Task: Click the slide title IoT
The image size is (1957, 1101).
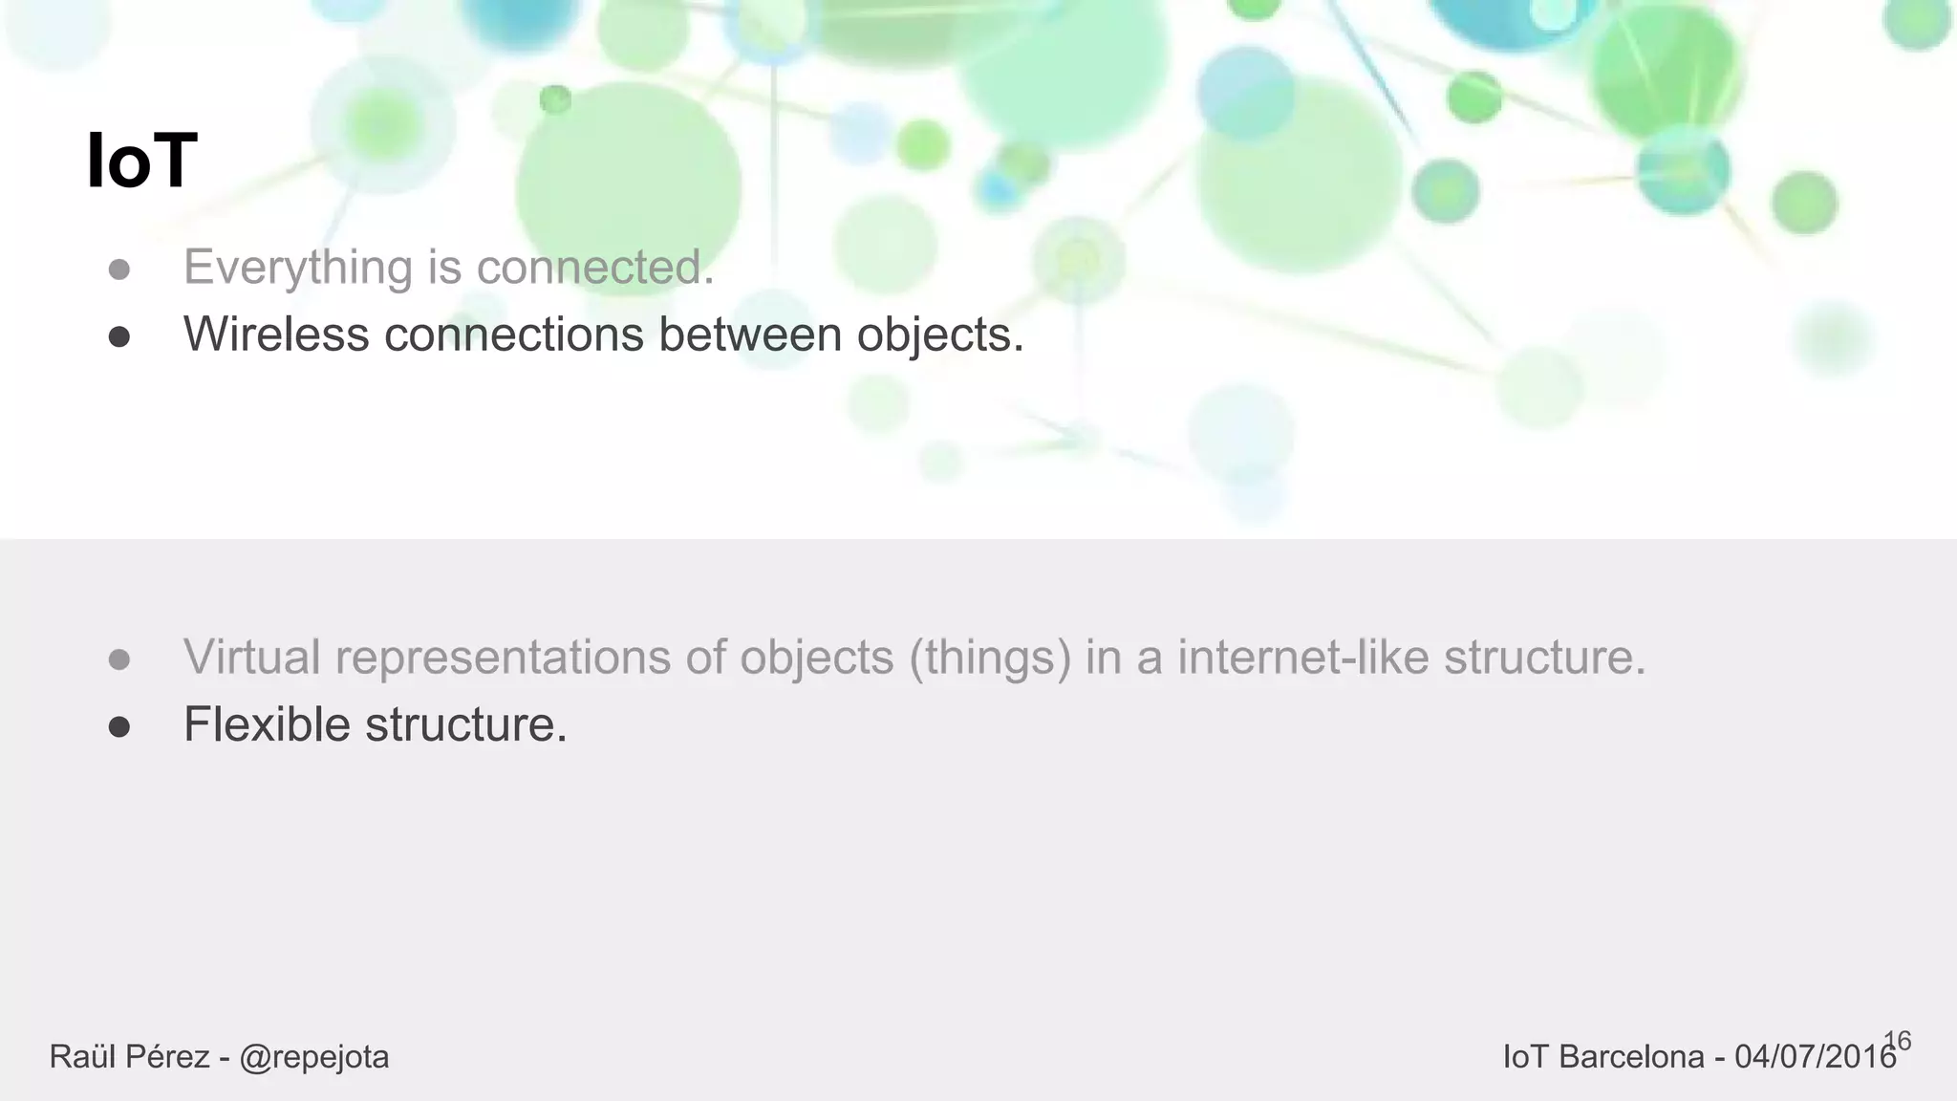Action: tap(141, 162)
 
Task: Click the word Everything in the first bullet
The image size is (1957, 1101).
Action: tap(297, 268)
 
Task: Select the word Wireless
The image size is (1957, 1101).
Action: tap(276, 335)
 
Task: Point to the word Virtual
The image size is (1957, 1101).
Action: tap(251, 658)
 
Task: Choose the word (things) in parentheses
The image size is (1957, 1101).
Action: tap(990, 658)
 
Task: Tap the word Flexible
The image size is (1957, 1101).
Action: tap(267, 724)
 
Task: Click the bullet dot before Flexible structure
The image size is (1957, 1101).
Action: tap(119, 727)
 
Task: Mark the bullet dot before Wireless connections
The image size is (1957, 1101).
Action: tap(119, 337)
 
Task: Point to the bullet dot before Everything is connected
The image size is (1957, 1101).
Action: tap(119, 270)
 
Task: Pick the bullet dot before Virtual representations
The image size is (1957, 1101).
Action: tap(119, 660)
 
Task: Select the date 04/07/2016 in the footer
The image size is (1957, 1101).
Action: tap(1815, 1057)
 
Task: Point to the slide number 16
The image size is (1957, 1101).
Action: tap(1898, 1041)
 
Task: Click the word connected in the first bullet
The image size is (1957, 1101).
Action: tap(594, 268)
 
